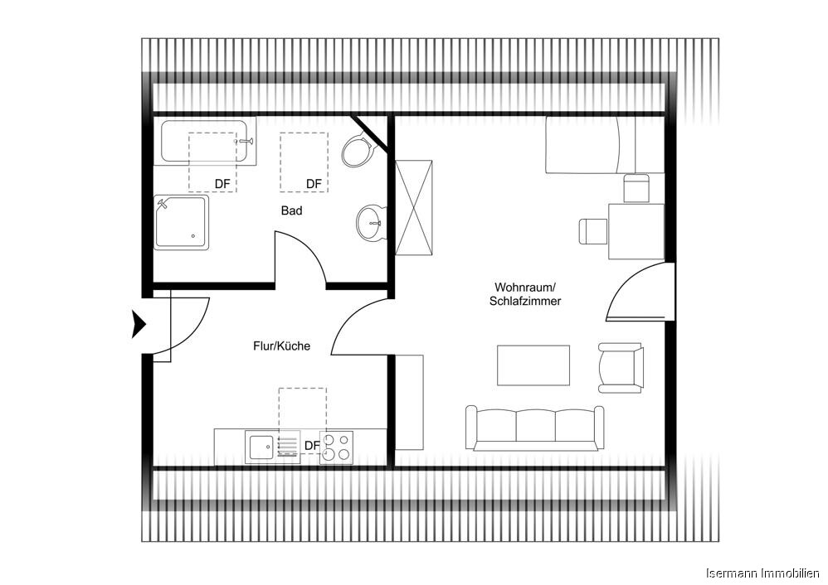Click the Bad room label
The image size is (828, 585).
[x=291, y=210]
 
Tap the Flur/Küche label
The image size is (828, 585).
[x=281, y=346]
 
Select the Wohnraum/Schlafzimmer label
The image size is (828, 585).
[x=525, y=294]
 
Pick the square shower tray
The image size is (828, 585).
[x=182, y=221]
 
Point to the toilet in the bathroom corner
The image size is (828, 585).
[x=358, y=150]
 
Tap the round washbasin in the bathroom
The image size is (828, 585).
[x=372, y=221]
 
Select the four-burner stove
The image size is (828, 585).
[x=337, y=447]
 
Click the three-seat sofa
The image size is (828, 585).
[x=534, y=427]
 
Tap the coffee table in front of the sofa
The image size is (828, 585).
[x=533, y=365]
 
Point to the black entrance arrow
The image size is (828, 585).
[x=139, y=323]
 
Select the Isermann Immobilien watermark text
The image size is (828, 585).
[x=762, y=573]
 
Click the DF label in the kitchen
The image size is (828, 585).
[x=312, y=446]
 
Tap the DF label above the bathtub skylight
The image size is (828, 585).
[x=222, y=183]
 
